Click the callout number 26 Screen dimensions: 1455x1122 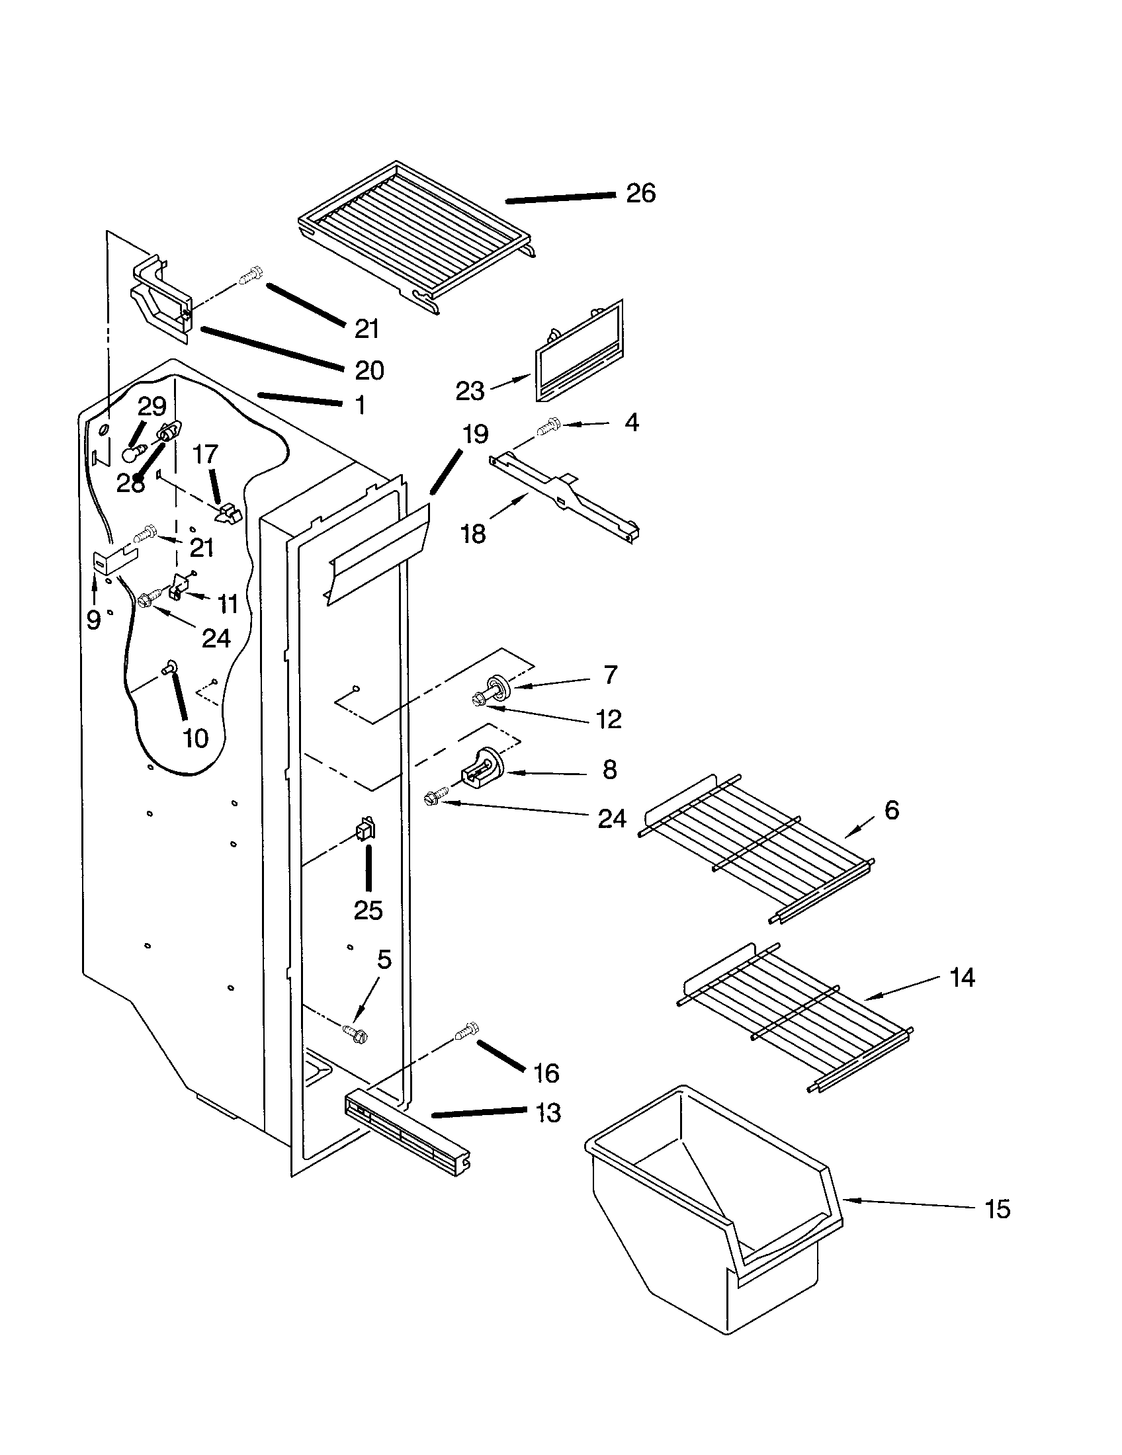(x=640, y=194)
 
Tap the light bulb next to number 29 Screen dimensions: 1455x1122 (x=132, y=455)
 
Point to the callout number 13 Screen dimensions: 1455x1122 (x=548, y=1113)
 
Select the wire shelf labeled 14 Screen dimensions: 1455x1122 (x=793, y=1015)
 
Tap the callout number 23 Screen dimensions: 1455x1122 (x=469, y=391)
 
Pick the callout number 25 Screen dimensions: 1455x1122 (x=368, y=910)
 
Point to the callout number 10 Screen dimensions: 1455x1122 (x=195, y=738)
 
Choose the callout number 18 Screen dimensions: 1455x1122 (x=474, y=534)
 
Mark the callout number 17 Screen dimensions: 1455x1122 (x=205, y=454)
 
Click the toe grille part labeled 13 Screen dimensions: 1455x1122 (x=406, y=1132)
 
